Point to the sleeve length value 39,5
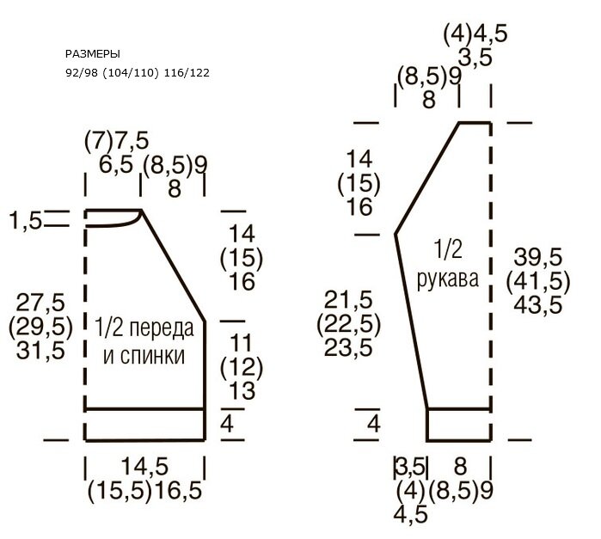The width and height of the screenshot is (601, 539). tap(538, 256)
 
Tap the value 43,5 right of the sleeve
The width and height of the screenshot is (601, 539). tap(538, 303)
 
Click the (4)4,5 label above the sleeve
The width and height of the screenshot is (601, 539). tap(475, 34)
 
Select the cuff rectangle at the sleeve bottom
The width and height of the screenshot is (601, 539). tap(459, 424)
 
